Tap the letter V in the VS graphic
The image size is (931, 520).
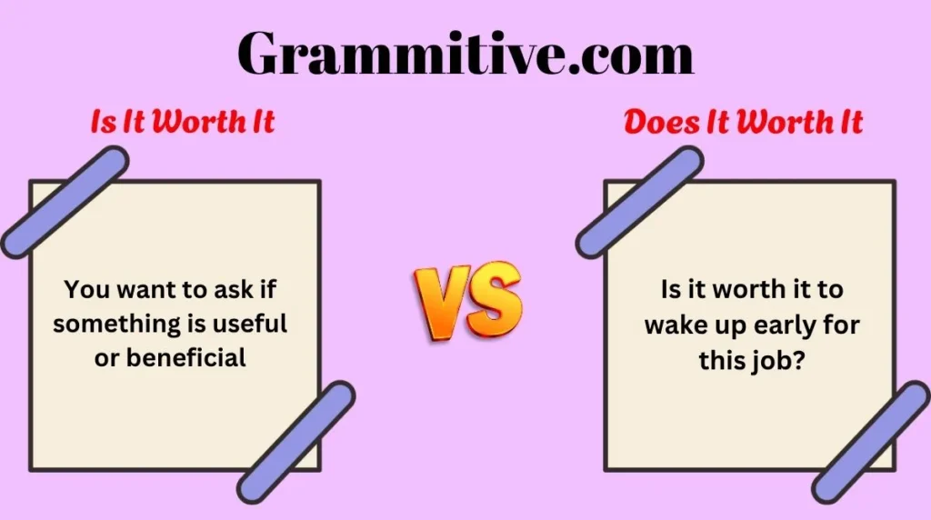(x=439, y=298)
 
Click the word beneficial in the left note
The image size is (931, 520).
(x=185, y=357)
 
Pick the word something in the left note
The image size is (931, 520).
(x=108, y=324)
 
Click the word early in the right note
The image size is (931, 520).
(x=778, y=325)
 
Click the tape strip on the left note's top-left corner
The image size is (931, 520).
(x=64, y=202)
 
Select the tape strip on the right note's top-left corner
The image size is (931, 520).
(x=639, y=202)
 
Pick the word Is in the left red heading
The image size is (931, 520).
(x=105, y=122)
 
